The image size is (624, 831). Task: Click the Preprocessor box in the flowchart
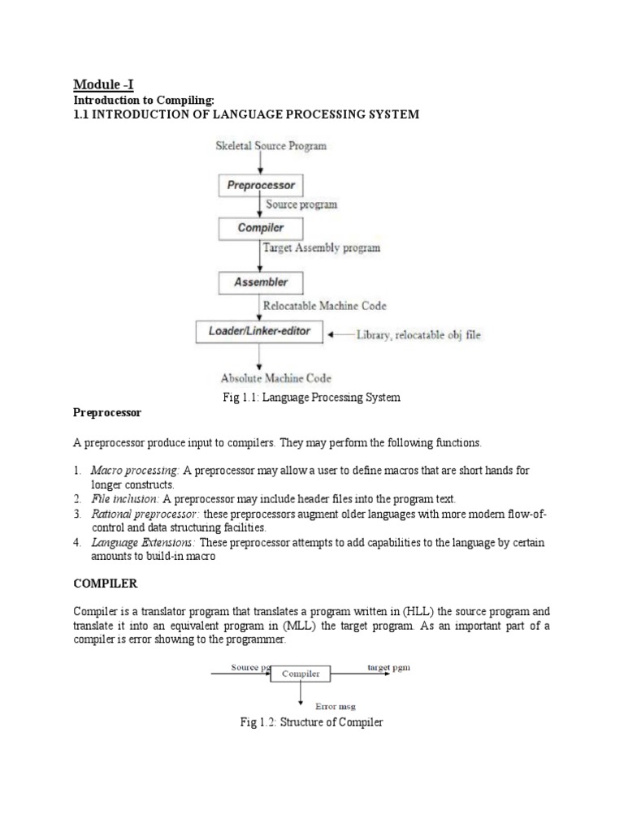click(x=260, y=186)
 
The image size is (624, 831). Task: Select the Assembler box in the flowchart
click(x=260, y=282)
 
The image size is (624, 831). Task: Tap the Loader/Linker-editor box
click(x=260, y=332)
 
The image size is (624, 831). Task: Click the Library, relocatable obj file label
click(x=418, y=334)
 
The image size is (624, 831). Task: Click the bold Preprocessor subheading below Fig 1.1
click(x=107, y=413)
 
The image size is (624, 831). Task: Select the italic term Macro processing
click(x=135, y=470)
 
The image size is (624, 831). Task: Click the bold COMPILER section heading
click(x=106, y=584)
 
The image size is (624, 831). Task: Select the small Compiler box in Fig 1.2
click(x=300, y=674)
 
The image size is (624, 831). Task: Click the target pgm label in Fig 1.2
click(x=388, y=667)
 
